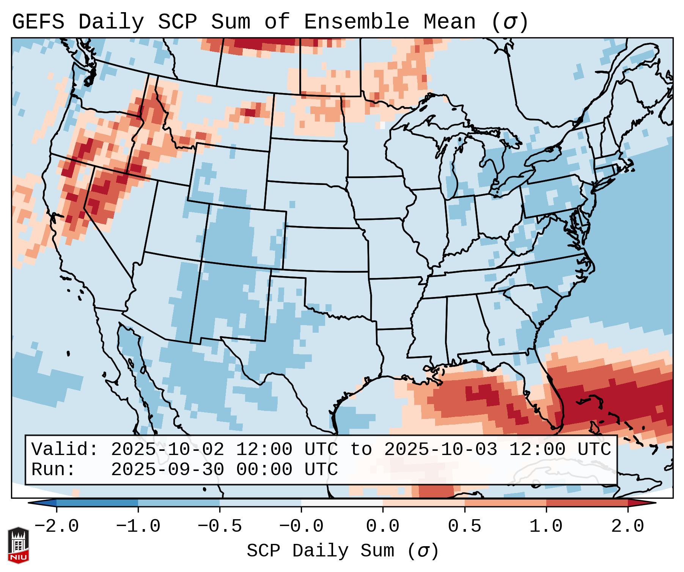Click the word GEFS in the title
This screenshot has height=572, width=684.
click(x=38, y=22)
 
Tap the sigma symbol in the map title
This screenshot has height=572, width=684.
click(x=509, y=22)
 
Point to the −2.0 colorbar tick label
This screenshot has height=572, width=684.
click(x=57, y=526)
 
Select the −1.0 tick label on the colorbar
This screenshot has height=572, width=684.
click(x=138, y=526)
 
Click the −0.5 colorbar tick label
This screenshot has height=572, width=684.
click(x=220, y=526)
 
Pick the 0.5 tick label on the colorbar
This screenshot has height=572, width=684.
click(x=465, y=526)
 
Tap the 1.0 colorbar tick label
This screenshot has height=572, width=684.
click(x=546, y=526)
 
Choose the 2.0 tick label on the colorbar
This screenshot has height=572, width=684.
click(x=628, y=526)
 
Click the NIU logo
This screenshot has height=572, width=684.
click(x=18, y=545)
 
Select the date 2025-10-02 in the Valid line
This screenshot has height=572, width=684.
click(x=167, y=450)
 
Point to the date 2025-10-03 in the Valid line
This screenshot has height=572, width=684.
click(x=440, y=450)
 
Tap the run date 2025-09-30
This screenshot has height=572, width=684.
click(x=167, y=470)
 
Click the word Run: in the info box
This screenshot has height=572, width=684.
click(x=53, y=470)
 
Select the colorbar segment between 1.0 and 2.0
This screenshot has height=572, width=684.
click(x=587, y=503)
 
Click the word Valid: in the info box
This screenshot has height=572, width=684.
click(x=65, y=450)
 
